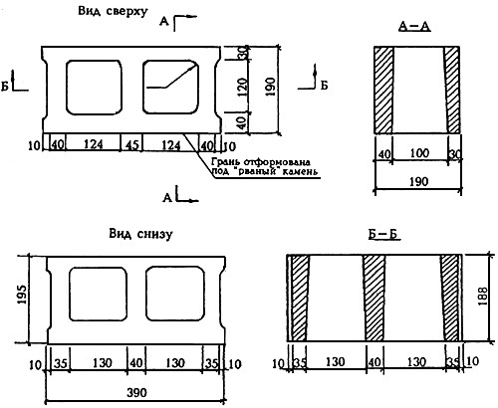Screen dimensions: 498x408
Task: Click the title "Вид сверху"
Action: (x=113, y=11)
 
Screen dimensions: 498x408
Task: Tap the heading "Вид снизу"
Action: (x=140, y=234)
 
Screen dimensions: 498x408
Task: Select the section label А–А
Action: (x=414, y=27)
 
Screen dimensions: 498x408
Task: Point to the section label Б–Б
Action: (x=383, y=235)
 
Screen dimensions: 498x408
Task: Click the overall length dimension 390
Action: (x=136, y=393)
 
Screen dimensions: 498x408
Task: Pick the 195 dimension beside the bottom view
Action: (x=23, y=295)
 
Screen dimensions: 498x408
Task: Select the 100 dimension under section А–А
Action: (x=419, y=153)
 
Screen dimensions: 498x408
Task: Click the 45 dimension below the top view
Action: (x=131, y=145)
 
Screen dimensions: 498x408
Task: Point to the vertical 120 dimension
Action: (x=243, y=85)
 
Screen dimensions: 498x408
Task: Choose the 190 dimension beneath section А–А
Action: (x=418, y=182)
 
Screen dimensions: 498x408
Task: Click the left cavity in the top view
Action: (x=94, y=88)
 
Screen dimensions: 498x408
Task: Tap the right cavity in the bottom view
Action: (x=175, y=294)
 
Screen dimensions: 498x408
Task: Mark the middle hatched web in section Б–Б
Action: (x=374, y=298)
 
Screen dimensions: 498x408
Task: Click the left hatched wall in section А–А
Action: (x=383, y=90)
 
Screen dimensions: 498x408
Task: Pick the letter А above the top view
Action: (x=163, y=22)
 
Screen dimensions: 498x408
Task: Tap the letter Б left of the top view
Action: (x=5, y=86)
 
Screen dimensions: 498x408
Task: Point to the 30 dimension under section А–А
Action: (x=455, y=154)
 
